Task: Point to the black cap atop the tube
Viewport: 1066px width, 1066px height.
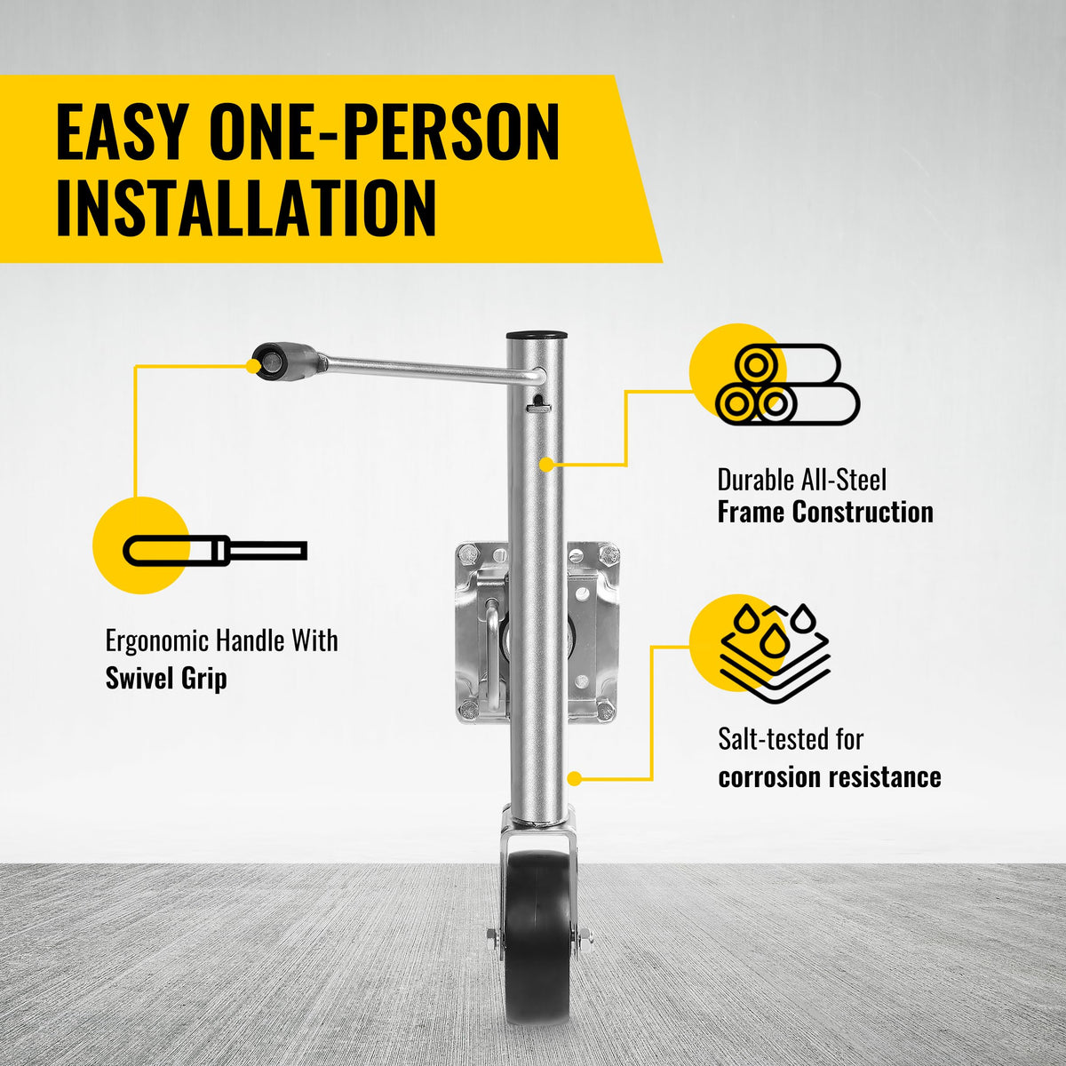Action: (537, 336)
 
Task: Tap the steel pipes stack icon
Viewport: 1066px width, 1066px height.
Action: (788, 384)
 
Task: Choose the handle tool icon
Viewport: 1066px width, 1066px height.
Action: (215, 551)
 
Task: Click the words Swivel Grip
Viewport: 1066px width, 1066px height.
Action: (166, 678)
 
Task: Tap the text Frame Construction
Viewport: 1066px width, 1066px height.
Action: (825, 512)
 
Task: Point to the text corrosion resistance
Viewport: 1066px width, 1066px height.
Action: (830, 777)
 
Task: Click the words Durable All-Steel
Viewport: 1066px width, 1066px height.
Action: (802, 481)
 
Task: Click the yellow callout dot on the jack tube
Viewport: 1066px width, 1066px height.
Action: (546, 464)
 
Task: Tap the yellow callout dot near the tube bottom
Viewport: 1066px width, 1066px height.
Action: (575, 779)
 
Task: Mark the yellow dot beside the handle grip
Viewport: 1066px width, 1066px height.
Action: (253, 365)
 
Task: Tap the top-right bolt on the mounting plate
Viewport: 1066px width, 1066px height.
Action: (610, 553)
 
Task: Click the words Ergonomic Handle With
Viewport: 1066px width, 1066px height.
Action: (222, 641)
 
